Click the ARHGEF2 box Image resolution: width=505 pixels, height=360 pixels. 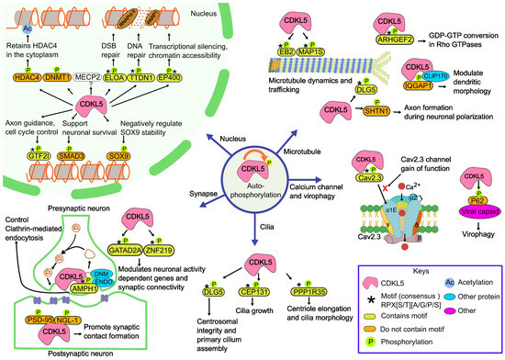click(395, 39)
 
